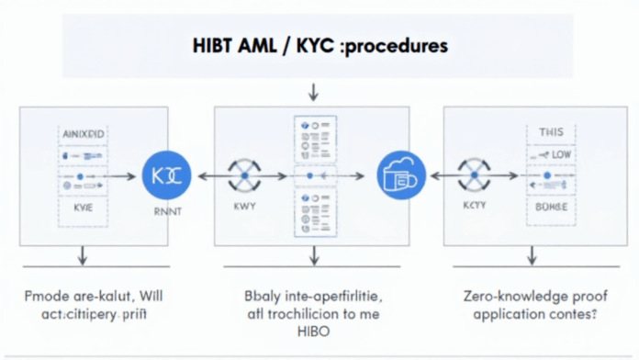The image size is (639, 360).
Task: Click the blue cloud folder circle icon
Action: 400,174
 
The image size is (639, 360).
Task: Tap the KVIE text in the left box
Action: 84,208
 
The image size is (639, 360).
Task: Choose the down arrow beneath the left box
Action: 83,255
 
